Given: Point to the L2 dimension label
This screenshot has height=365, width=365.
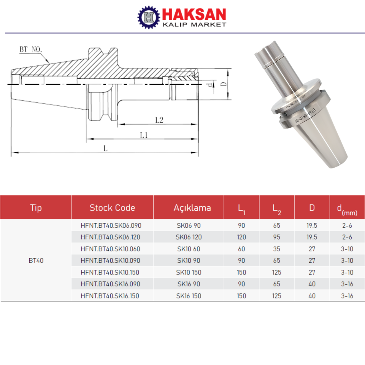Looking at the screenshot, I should pos(159,120).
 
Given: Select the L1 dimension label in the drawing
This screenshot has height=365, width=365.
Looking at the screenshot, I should pos(143,135).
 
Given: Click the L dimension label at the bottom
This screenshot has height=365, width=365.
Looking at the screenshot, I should pos(106,149).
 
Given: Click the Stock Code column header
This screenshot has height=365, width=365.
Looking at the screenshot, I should pos(112,208).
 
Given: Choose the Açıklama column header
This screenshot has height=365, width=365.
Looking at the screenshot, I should pos(192,208).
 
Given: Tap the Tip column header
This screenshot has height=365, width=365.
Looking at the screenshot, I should pos(36,208).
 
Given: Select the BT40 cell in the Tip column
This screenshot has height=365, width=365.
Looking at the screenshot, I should pos(36,261).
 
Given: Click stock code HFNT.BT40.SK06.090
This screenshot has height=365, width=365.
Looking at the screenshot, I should pos(111,225).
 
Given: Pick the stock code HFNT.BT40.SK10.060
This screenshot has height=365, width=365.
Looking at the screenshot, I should pos(111,249).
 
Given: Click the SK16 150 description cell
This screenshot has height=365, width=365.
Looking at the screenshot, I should pos(189,296).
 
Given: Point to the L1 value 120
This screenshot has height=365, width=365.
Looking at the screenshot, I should pos(241,237).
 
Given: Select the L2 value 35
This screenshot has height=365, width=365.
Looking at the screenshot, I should pos(277,249).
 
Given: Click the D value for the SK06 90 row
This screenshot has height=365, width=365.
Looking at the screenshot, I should pos(312,225).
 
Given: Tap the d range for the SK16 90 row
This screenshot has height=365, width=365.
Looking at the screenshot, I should pos(347,284).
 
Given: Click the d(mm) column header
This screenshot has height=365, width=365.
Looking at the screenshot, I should pos(347,208).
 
